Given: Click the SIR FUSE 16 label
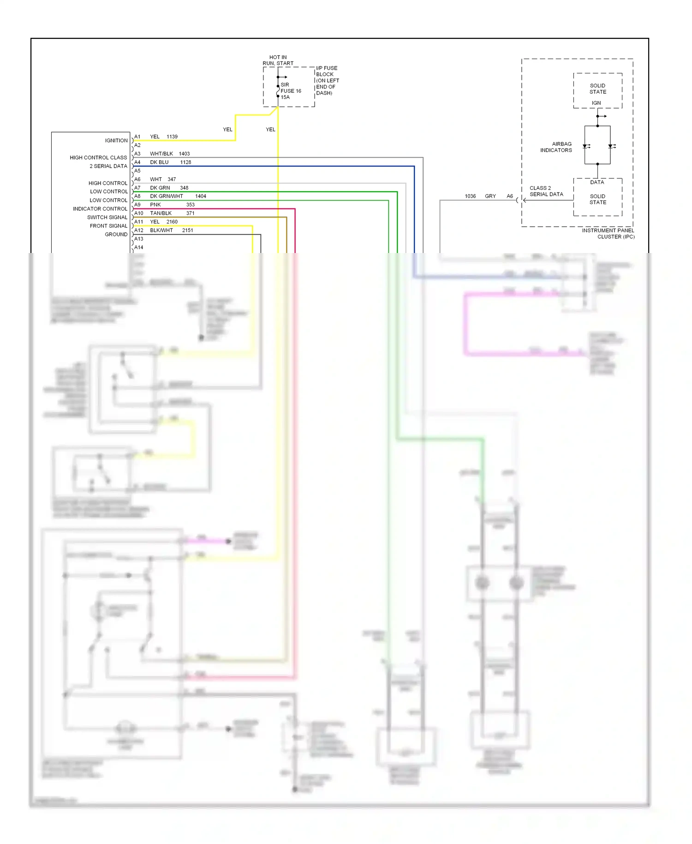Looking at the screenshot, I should (x=291, y=88).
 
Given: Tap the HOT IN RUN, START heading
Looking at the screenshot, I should (x=278, y=60).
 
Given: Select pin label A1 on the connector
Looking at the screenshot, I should (x=137, y=137).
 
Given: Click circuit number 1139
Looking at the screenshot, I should (x=172, y=137).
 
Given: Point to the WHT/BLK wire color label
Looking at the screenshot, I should (x=161, y=154).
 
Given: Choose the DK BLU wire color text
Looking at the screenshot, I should (x=159, y=163).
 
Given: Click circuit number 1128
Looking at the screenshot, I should (x=185, y=163).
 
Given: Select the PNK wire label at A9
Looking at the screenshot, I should (x=155, y=205).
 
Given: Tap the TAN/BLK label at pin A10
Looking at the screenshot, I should (x=161, y=213).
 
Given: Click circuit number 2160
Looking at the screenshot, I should (x=172, y=222).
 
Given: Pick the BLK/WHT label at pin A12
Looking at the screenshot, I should (x=161, y=230).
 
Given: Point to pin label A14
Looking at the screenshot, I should (x=139, y=247).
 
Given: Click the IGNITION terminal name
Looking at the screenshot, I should (x=116, y=141).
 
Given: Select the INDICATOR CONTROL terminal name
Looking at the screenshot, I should (x=100, y=209).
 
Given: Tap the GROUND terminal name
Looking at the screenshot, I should (x=116, y=235).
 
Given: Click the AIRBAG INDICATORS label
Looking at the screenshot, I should (x=556, y=147).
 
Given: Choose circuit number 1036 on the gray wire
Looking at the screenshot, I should (x=470, y=196).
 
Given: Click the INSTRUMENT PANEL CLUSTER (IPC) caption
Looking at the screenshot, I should (x=608, y=234).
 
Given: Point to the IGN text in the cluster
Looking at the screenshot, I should (x=597, y=103).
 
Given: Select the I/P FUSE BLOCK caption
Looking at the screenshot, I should (x=328, y=80).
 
